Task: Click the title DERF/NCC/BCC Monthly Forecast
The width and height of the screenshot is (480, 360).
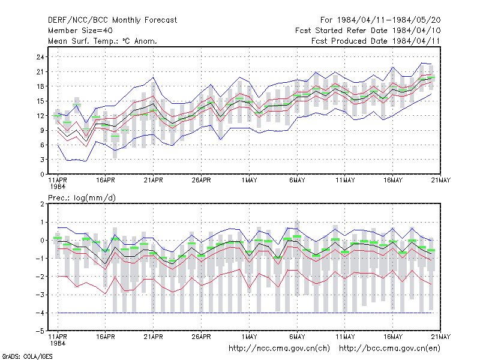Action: pos(112,20)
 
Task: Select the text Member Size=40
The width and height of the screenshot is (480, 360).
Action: pos(80,31)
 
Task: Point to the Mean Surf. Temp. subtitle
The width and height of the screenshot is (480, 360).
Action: pos(102,41)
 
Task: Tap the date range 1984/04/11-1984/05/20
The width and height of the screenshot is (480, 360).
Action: pos(389,20)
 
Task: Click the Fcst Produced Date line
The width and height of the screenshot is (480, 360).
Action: pos(376,41)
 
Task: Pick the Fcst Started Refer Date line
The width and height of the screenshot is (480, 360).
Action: pos(368,31)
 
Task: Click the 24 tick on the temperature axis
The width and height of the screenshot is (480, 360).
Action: pos(40,57)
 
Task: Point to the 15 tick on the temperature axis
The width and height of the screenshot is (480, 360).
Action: pos(40,101)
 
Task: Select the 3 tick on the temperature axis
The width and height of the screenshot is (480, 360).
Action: pos(42,160)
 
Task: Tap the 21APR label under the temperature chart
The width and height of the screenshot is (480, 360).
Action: pos(154,180)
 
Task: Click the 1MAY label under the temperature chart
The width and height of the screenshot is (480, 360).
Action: pos(249,180)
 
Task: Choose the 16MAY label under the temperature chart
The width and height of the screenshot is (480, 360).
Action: pos(393,180)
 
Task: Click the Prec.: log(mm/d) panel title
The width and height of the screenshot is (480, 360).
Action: pos(82,198)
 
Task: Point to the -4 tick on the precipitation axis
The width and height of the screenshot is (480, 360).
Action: pos(40,313)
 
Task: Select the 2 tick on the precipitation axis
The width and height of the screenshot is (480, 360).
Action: pos(42,204)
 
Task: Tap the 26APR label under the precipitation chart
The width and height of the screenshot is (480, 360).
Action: pos(201,337)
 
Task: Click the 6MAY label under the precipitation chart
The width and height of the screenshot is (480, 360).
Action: pos(297,337)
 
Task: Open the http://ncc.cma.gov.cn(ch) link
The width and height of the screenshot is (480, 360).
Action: pos(279,349)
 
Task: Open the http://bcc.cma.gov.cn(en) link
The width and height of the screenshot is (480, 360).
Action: pos(389,349)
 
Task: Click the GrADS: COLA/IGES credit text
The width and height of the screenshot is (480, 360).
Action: pos(27,356)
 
